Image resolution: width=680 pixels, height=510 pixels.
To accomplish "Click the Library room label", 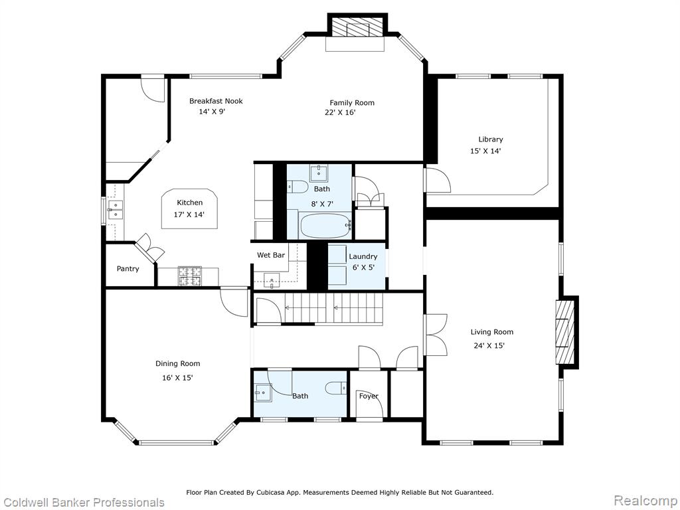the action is tap(491, 139).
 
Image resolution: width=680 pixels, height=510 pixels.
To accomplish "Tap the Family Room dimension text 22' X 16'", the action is tap(340, 113).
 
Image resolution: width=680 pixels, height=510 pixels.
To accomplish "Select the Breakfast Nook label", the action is tap(216, 101).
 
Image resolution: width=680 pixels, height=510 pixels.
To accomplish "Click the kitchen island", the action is tap(189, 209).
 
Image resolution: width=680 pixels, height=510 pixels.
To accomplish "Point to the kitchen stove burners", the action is tap(190, 276).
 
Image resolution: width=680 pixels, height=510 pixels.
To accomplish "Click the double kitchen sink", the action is tap(116, 210).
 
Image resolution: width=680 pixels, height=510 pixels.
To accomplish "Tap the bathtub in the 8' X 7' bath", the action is tap(325, 225).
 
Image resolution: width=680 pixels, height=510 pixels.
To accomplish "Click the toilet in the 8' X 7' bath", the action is tap(297, 187).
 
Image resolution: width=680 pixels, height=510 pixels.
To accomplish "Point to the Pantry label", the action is tap(128, 269).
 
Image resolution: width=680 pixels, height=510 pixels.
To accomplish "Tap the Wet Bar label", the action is tap(271, 255).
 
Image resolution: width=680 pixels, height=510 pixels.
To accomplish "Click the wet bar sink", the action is tap(272, 281).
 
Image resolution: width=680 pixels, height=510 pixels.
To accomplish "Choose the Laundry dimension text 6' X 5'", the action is tap(363, 268).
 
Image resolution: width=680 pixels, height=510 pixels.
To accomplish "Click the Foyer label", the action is tap(369, 396).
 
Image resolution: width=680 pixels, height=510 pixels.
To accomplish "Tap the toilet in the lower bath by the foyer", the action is tap(337, 387).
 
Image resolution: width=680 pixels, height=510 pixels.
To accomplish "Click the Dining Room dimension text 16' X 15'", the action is tap(177, 378).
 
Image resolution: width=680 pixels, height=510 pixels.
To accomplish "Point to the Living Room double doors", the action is tap(436, 335).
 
